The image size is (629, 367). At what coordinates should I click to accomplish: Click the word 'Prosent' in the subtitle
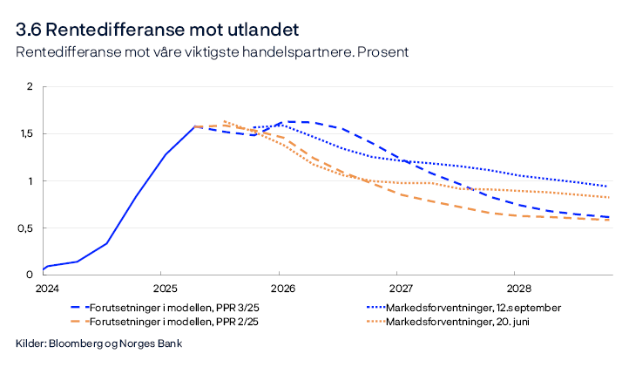tap(384, 52)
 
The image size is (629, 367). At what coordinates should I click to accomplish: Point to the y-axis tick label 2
tap(30, 87)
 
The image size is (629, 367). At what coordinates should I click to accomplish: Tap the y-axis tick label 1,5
tap(26, 134)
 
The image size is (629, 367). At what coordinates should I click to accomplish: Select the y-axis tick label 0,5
tap(26, 228)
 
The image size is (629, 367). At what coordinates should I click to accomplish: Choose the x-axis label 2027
tap(400, 287)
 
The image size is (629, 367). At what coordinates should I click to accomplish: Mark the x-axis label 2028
tap(518, 287)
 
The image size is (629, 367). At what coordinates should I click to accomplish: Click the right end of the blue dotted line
tap(606, 186)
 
